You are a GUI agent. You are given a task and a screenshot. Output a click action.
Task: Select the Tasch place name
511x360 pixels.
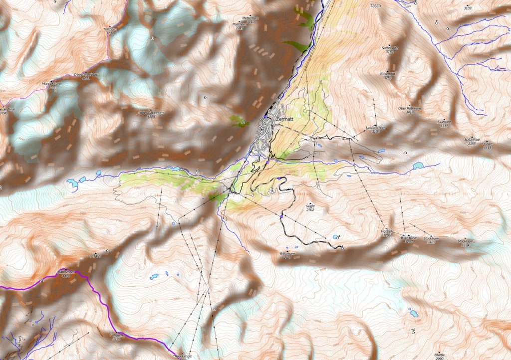coord(376,5)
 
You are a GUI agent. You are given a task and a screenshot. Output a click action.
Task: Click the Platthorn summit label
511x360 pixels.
coord(240,24)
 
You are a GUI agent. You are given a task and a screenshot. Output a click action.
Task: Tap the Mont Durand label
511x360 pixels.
coord(52,84)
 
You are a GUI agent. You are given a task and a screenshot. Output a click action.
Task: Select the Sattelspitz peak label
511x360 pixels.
coord(389,49)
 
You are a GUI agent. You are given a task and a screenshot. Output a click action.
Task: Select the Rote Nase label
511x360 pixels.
coord(408,239)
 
